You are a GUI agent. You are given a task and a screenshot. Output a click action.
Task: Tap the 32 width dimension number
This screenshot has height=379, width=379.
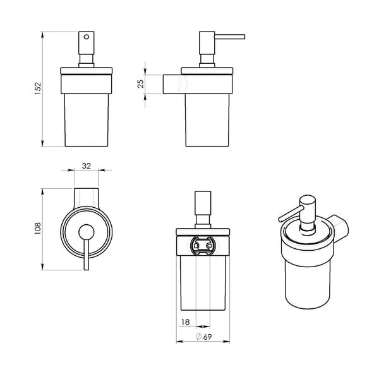[x=87, y=165]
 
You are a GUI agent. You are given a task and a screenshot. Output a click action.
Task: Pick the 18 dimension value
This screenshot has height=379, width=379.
[x=185, y=323]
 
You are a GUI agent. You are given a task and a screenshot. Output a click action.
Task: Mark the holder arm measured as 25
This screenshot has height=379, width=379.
[x=172, y=84]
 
